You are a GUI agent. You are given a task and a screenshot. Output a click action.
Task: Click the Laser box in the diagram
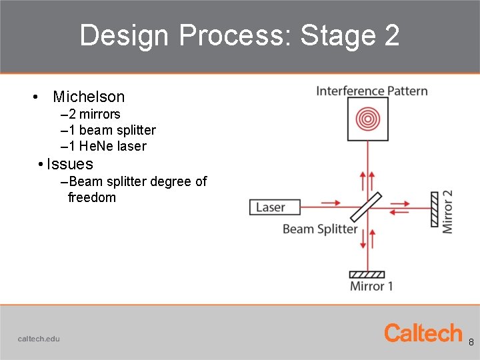click(270, 207)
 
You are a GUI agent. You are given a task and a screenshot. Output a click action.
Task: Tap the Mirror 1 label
click(371, 286)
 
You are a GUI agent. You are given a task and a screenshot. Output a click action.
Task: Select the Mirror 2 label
click(447, 211)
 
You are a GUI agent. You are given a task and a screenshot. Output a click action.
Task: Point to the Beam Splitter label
click(320, 229)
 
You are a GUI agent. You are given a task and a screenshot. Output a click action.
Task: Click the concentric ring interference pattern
click(367, 119)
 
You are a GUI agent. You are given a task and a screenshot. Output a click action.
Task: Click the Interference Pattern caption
click(371, 91)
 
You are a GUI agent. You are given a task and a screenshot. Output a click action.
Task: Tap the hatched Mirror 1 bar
click(367, 274)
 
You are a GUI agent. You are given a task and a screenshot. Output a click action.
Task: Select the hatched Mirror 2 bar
click(434, 208)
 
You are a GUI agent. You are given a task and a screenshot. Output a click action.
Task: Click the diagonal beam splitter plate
click(366, 207)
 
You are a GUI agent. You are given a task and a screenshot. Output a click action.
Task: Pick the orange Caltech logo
click(423, 333)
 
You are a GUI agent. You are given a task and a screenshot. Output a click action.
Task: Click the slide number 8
click(471, 343)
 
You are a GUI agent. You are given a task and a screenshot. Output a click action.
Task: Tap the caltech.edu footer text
click(39, 339)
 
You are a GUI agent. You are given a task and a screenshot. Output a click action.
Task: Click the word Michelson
click(89, 97)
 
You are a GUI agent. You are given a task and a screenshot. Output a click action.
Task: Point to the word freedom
click(92, 197)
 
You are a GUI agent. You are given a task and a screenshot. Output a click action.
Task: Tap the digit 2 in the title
click(391, 35)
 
